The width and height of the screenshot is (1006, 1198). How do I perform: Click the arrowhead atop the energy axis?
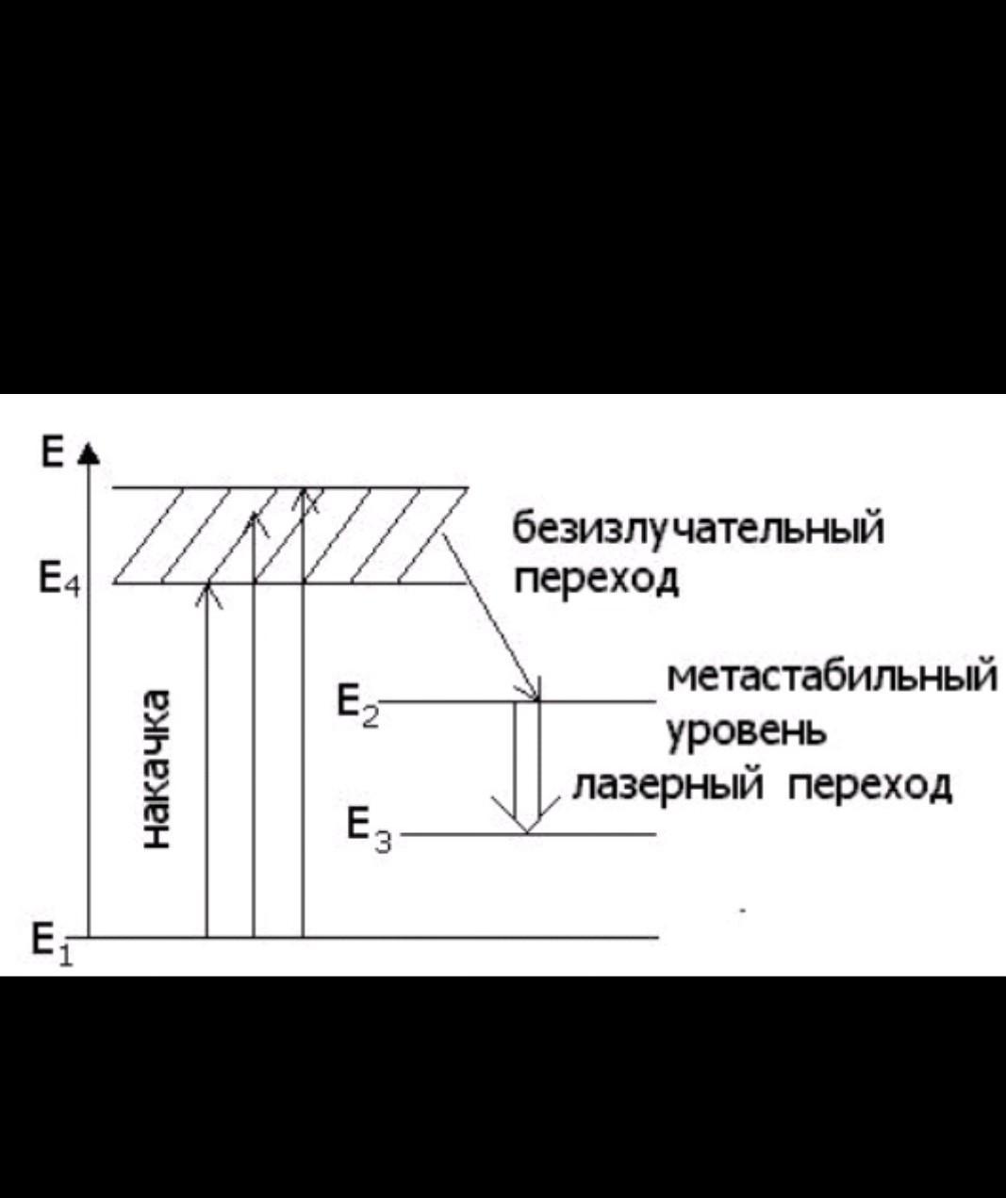click(x=89, y=453)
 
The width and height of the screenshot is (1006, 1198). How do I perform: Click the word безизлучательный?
click(x=699, y=528)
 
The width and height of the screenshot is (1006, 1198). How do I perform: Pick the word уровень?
click(x=748, y=731)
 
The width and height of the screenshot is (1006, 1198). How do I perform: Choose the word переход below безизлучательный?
click(x=596, y=578)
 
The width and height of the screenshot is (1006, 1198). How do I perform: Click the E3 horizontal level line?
click(x=594, y=834)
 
